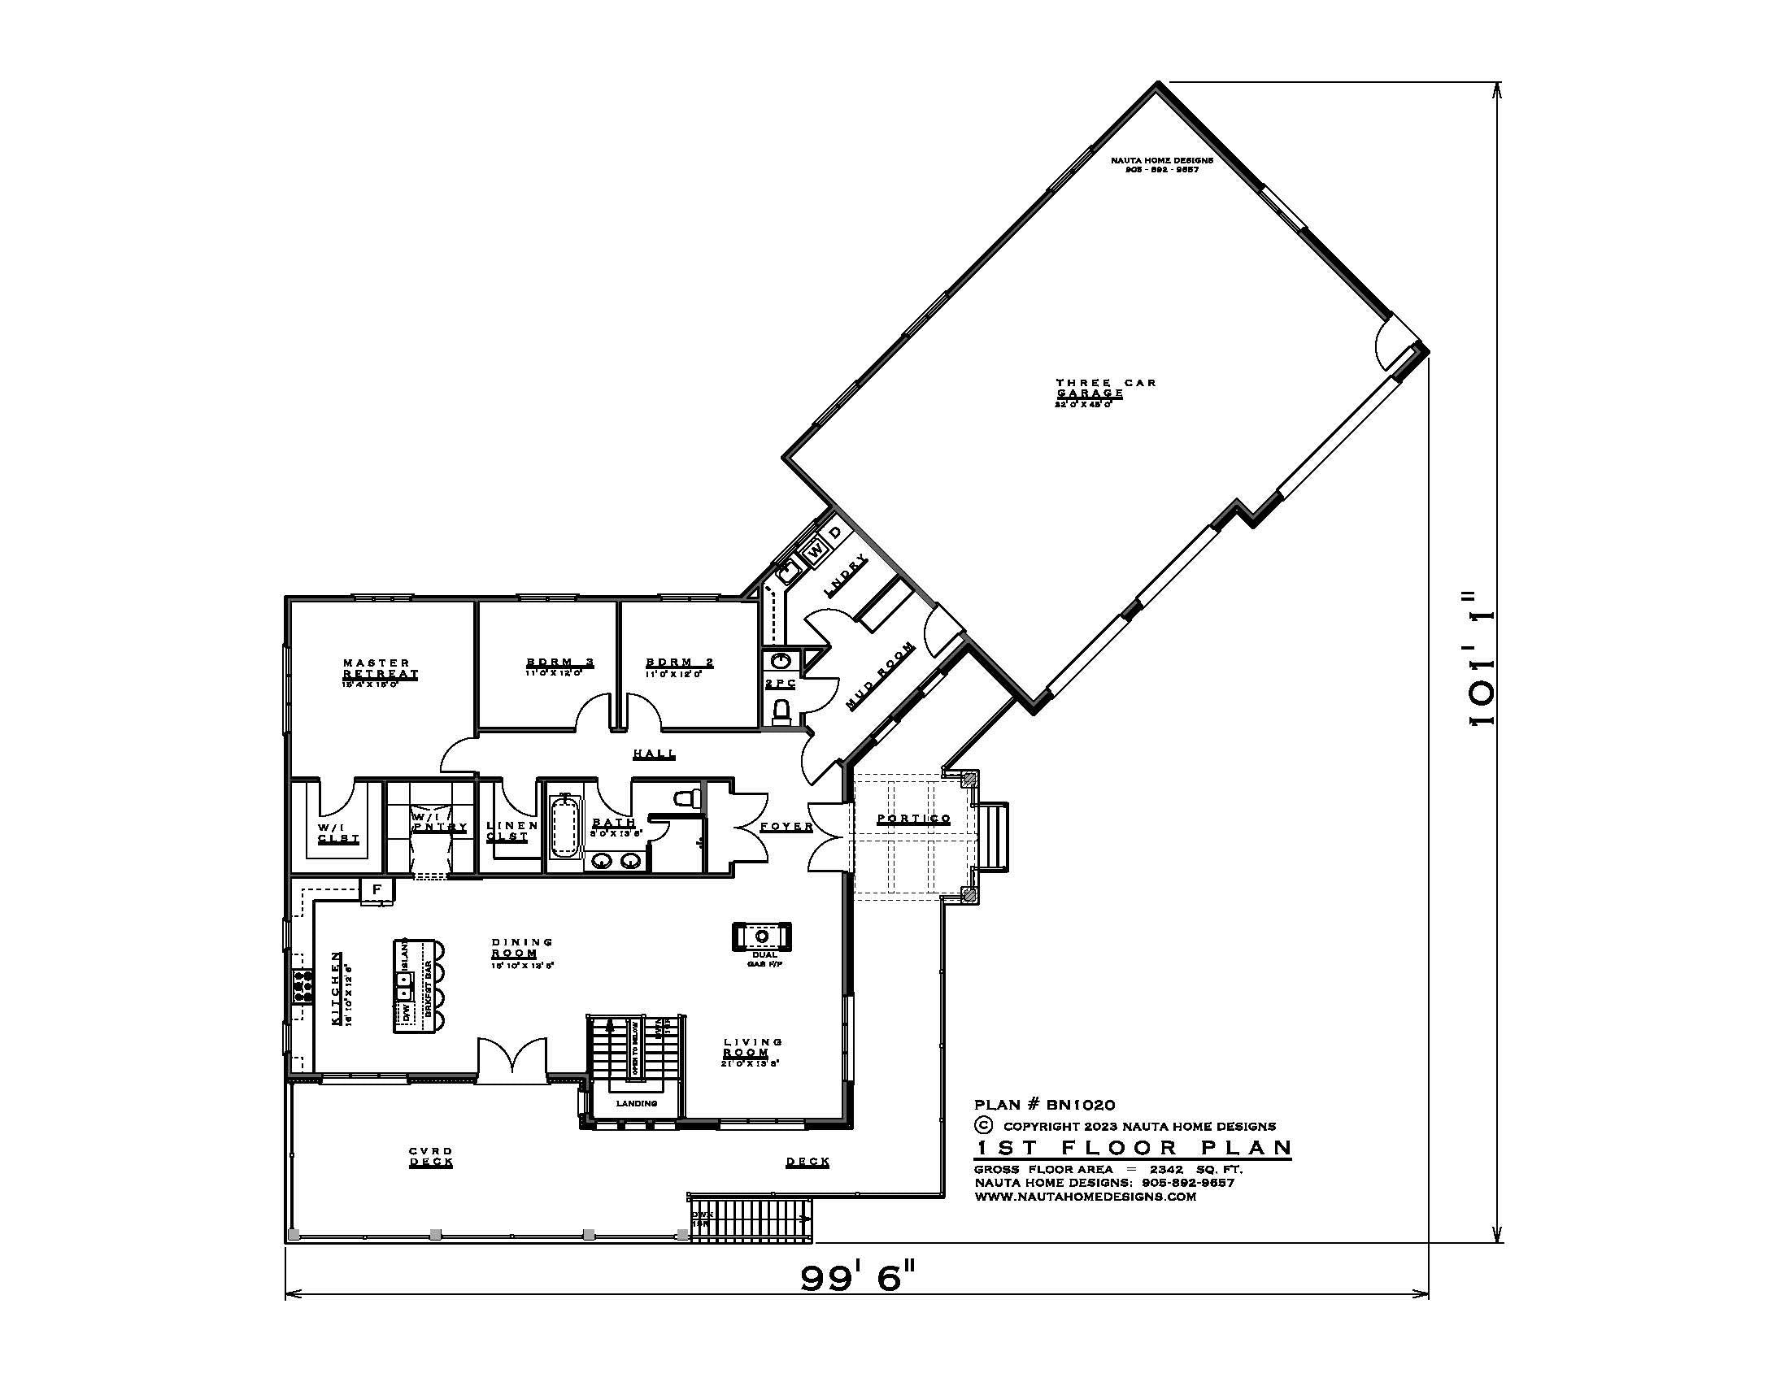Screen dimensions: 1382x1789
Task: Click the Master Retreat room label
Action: click(x=380, y=668)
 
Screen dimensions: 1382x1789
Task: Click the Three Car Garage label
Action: click(x=1105, y=388)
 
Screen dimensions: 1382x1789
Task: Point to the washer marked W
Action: click(x=815, y=552)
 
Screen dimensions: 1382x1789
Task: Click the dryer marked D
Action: click(x=834, y=533)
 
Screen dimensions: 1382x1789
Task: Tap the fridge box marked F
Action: click(x=377, y=889)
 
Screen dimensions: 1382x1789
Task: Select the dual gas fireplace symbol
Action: click(x=762, y=936)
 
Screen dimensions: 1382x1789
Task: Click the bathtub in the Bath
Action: click(x=564, y=827)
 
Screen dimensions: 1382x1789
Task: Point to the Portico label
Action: click(x=913, y=819)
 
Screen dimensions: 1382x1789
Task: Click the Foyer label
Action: click(x=786, y=827)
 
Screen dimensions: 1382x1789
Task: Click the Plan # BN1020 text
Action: click(x=1044, y=1106)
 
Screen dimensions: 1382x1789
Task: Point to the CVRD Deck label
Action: click(x=431, y=1156)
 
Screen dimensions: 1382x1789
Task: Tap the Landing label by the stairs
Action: click(x=637, y=1104)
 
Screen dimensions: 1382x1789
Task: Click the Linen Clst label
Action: click(x=512, y=831)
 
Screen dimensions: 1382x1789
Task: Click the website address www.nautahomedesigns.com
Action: click(x=1086, y=1196)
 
